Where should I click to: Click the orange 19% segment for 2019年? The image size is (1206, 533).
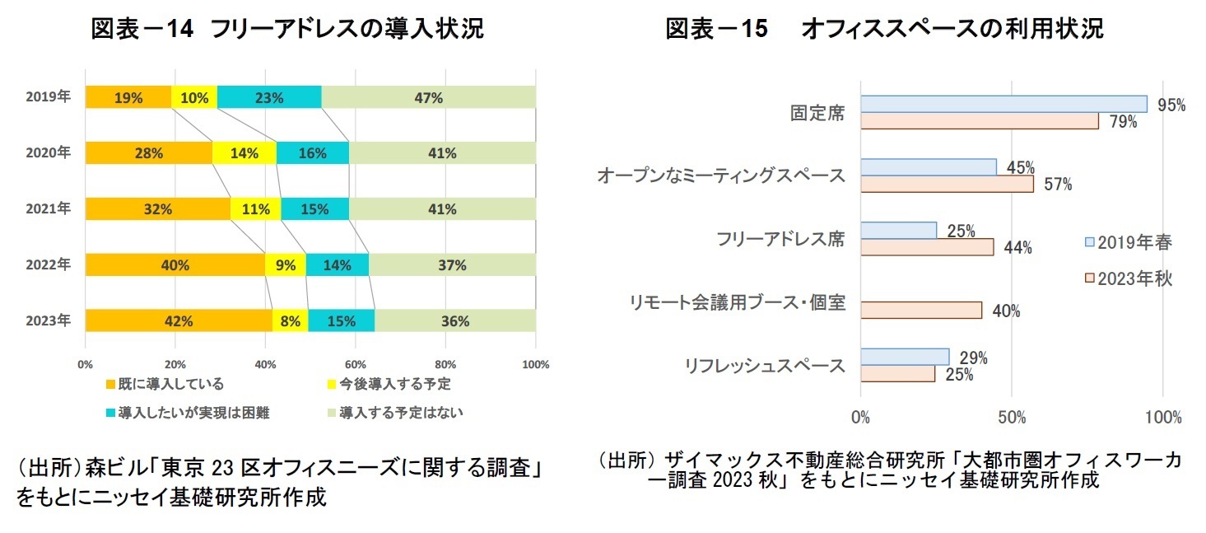[x=128, y=97]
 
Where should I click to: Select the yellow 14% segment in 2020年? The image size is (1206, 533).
[x=244, y=153]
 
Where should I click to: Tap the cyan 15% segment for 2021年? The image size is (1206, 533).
[x=314, y=209]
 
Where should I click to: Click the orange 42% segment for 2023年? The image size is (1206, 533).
[x=178, y=321]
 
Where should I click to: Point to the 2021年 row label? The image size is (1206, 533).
[x=49, y=208]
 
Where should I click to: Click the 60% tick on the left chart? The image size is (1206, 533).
[x=355, y=363]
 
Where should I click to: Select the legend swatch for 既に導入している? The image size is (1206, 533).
[x=109, y=384]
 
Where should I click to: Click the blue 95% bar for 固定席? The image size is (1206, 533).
[x=1003, y=104]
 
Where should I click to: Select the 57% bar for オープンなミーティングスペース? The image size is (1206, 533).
[x=947, y=184]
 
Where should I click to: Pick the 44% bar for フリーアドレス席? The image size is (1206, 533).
[x=927, y=246]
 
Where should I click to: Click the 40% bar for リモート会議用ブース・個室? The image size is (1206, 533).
[x=921, y=310]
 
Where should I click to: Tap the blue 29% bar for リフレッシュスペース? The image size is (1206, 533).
[x=905, y=357]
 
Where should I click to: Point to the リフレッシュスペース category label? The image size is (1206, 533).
[x=765, y=366]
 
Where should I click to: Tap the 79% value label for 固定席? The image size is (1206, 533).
[x=1123, y=122]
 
